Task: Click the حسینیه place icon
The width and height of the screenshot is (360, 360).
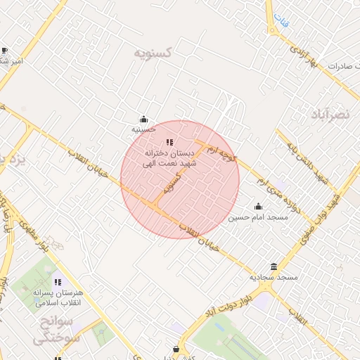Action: tap(143, 119)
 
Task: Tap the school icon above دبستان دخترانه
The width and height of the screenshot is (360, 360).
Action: tap(169, 142)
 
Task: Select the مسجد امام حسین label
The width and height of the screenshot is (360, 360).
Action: tap(258, 217)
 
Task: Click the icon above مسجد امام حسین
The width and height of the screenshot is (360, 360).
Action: tap(258, 207)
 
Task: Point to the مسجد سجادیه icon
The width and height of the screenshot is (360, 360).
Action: tap(274, 266)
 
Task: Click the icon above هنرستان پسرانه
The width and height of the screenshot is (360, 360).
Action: tap(58, 282)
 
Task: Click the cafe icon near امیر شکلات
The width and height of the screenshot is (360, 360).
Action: tap(5, 51)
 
